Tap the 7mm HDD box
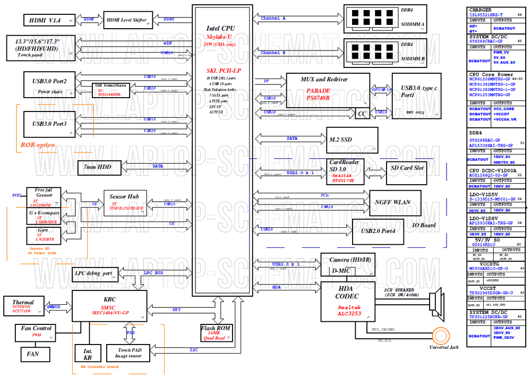point(100,167)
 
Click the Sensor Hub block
point(125,202)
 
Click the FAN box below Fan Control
point(31,353)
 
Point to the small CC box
point(362,114)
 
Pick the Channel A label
point(273,19)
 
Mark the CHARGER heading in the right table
point(480,10)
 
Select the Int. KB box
point(88,353)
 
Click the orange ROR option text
point(38,144)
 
